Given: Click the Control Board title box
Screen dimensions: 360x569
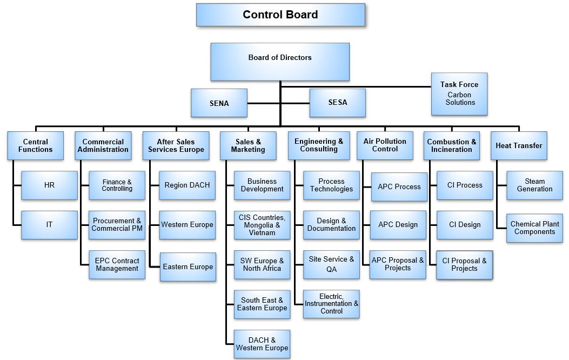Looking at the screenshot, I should [x=280, y=15].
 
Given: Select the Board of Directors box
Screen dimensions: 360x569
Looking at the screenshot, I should [x=279, y=62].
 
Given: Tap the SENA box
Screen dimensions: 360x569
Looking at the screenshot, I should [x=219, y=103].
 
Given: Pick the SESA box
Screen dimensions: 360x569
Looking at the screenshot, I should [x=337, y=102].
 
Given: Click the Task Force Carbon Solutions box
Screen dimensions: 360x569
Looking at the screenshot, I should [x=459, y=94].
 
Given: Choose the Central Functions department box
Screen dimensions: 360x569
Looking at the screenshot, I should [x=36, y=145].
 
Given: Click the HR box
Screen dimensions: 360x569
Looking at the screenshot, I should [x=49, y=185].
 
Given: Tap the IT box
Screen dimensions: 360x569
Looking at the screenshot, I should [x=49, y=224].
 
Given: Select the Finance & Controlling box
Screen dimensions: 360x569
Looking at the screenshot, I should [x=117, y=185].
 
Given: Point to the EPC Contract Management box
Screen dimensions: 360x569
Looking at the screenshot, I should [x=117, y=264].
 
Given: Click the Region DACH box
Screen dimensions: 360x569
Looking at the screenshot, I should [x=187, y=185].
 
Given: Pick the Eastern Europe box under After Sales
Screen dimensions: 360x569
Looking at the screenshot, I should [x=188, y=266].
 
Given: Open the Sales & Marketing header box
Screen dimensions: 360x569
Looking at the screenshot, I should [x=248, y=145].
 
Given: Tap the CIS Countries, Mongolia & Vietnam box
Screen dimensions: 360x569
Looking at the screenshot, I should [x=262, y=225].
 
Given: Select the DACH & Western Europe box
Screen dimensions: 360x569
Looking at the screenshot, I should [x=262, y=344].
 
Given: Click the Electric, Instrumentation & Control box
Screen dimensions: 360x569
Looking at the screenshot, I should [x=331, y=303].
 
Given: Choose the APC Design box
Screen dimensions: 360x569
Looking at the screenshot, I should [x=398, y=224].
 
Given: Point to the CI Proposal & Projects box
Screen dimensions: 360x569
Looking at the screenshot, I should [x=464, y=264].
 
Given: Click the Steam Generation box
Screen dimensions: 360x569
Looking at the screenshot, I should [x=534, y=185].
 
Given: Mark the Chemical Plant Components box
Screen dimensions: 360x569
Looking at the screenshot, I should [x=534, y=228].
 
